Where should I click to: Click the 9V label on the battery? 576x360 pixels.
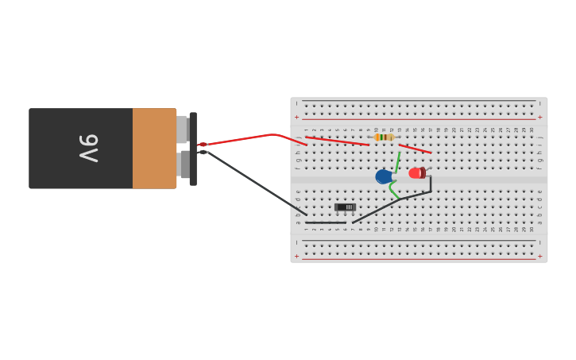[x=88, y=148]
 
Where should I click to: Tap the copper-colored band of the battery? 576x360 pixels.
[x=154, y=148]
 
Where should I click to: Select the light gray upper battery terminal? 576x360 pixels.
[x=181, y=129]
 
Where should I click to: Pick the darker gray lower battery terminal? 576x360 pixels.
[x=184, y=165]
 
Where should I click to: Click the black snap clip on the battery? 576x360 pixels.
[x=193, y=149]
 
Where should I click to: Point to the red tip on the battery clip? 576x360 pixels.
[x=203, y=145]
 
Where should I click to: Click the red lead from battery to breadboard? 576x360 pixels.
[x=246, y=138]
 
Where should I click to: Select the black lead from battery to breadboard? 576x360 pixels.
[x=254, y=183]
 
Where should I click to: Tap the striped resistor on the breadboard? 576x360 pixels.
[x=384, y=137]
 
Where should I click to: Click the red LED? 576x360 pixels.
[x=416, y=173]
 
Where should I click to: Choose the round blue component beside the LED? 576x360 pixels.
[x=384, y=176]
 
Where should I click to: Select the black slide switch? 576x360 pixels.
[x=345, y=207]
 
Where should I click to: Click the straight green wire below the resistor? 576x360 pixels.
[x=396, y=162]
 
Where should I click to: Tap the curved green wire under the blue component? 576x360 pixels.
[x=392, y=191]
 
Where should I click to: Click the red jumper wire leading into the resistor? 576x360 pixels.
[x=338, y=141]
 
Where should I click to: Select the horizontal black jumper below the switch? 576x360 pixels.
[x=326, y=223]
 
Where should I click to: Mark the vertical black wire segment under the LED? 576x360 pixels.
[x=431, y=184]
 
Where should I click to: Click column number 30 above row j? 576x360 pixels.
[x=532, y=130]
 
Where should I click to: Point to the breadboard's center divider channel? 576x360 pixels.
[x=419, y=180]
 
